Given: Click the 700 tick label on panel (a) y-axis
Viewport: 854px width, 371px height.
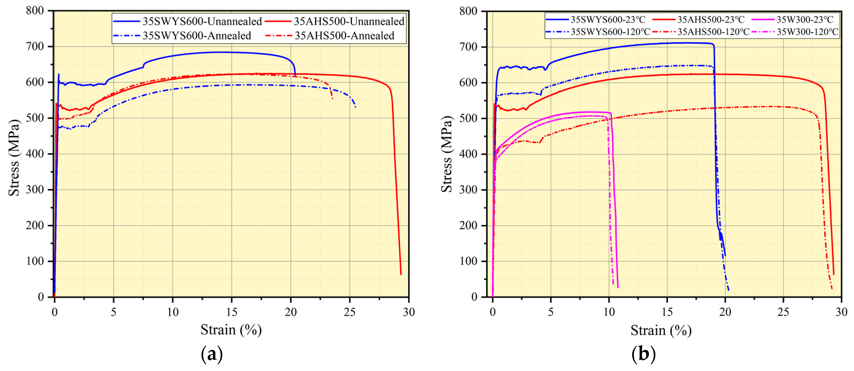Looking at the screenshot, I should [x=35, y=46].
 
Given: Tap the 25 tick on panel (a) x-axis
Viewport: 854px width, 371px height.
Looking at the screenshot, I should [x=349, y=312].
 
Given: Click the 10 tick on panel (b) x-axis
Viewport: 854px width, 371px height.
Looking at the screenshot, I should [x=609, y=312].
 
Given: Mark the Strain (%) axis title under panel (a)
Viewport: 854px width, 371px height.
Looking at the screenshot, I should [x=231, y=330].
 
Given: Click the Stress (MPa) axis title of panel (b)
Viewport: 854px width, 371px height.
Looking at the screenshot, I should [x=446, y=154].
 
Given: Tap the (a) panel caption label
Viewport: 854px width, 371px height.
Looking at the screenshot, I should [x=212, y=354].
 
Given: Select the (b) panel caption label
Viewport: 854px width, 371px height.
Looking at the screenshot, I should [x=643, y=354].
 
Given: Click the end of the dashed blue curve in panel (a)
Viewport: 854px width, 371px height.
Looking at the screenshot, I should [x=355, y=107].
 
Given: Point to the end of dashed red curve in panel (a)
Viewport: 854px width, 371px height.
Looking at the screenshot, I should [x=332, y=98].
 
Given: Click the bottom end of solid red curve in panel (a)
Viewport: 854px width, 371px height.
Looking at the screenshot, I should [x=401, y=274].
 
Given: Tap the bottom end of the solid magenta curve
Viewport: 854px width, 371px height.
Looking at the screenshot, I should [x=618, y=287].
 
